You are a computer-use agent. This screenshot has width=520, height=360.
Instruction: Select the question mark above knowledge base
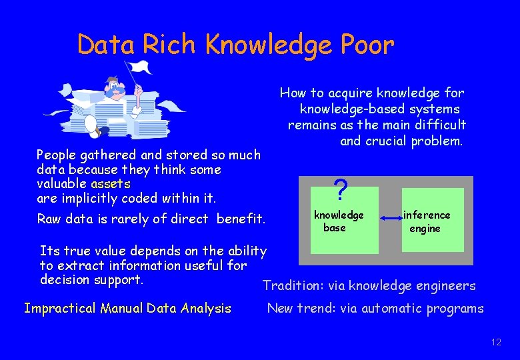341,191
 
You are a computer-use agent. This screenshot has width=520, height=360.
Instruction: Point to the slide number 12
495,342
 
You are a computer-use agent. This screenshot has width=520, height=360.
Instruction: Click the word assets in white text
111,183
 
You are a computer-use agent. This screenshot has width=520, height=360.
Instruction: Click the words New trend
299,308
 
